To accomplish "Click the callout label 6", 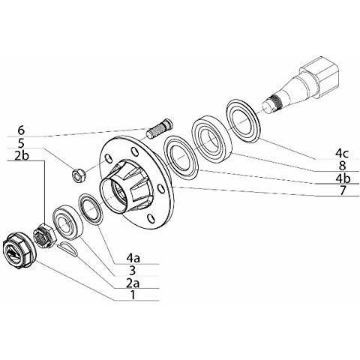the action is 22,130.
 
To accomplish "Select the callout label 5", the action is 22,143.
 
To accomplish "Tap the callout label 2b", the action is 22,155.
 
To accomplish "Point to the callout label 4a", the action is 133,258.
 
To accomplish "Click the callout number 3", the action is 133,270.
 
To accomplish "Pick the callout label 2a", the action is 133,283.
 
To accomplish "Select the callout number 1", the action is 133,295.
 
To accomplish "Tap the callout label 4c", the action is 341,154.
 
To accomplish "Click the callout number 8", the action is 342,166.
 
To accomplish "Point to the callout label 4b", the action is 343,178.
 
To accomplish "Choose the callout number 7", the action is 342,190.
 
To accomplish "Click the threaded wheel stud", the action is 159,128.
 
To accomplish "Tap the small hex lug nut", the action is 79,176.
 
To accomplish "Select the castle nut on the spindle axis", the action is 44,235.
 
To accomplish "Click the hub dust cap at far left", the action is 19,250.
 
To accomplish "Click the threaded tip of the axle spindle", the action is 273,103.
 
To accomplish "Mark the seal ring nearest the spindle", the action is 244,118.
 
